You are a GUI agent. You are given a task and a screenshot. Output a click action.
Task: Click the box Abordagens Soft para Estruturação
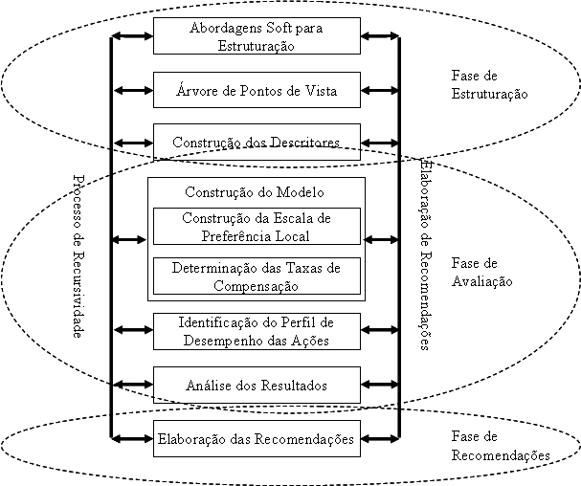click(257, 36)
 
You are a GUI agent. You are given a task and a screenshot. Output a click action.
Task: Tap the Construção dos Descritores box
click(257, 143)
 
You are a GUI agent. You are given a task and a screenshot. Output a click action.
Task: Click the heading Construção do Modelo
click(257, 191)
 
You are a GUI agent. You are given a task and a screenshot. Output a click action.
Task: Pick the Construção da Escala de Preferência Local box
click(257, 226)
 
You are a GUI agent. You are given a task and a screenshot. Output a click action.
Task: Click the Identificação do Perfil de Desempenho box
click(257, 330)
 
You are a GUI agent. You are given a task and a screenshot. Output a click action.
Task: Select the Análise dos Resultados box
click(257, 386)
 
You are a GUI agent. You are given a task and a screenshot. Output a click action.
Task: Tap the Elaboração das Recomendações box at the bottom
click(257, 439)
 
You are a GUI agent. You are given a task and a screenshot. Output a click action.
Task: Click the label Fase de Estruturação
click(488, 85)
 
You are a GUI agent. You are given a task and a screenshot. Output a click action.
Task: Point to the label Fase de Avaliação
click(481, 273)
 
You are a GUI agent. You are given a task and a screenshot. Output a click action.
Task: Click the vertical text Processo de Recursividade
click(79, 255)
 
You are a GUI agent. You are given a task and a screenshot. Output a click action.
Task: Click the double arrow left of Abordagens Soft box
click(132, 36)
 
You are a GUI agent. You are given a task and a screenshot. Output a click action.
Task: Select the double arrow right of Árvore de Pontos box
click(381, 91)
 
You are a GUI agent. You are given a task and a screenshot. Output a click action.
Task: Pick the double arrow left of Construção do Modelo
click(129, 239)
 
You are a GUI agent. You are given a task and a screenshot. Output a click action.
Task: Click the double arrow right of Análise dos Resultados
click(381, 386)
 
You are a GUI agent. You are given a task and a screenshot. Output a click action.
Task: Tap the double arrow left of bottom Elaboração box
click(132, 439)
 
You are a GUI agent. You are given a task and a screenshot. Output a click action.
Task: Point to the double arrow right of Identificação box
click(381, 330)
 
